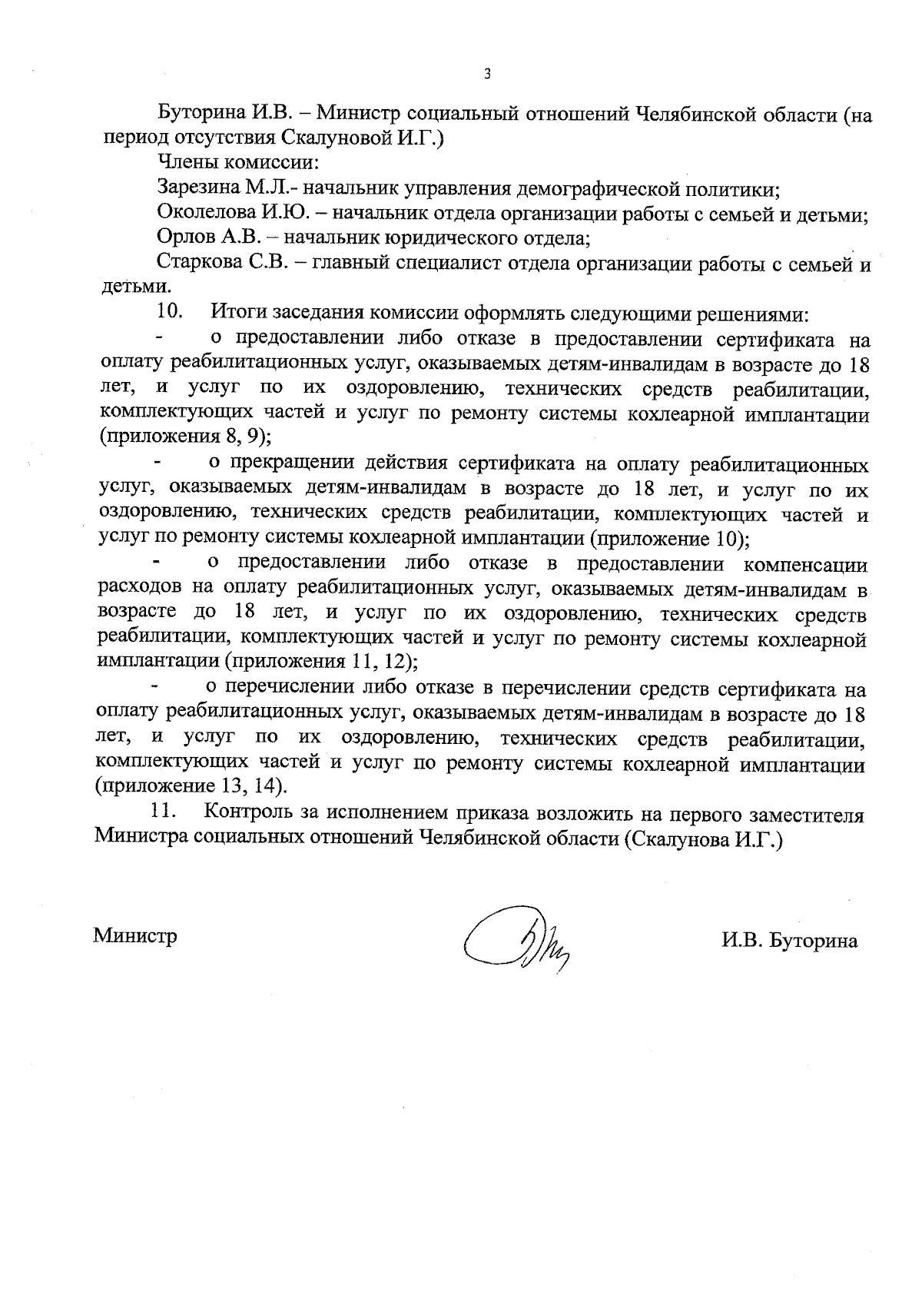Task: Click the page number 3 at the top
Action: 486,75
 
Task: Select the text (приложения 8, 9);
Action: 185,437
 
